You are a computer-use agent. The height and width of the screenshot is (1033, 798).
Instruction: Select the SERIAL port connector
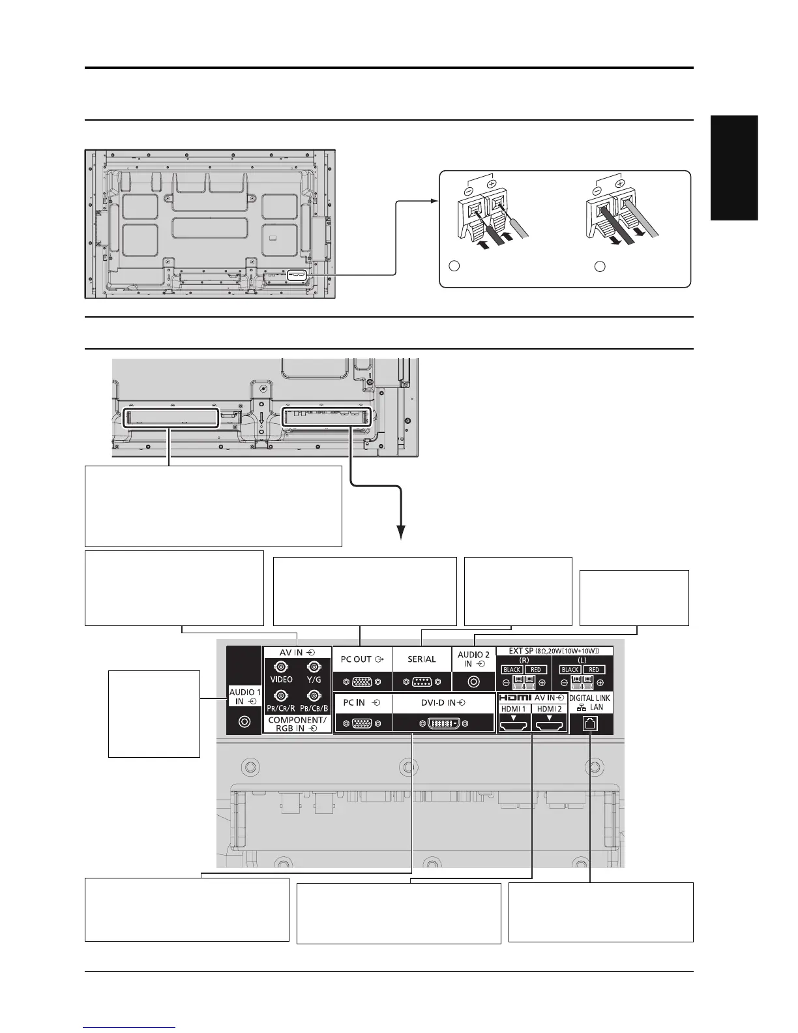click(421, 682)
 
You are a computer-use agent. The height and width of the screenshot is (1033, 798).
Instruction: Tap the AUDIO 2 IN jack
click(473, 682)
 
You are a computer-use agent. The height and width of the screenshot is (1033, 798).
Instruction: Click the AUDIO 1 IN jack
click(244, 723)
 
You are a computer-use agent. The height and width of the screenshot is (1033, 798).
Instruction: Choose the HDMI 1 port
click(514, 723)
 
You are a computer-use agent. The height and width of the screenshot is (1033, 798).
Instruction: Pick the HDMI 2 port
click(550, 723)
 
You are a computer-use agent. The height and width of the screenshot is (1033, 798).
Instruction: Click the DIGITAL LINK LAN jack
click(590, 723)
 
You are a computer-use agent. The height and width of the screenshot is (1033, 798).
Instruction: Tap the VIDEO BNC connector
click(281, 667)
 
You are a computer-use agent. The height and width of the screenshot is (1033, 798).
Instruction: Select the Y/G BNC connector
click(314, 667)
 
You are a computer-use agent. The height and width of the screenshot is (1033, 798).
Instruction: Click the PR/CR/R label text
click(282, 708)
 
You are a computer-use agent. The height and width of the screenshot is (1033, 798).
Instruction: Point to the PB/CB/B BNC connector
click(314, 695)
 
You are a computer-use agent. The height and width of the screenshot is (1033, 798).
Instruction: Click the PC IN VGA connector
click(362, 723)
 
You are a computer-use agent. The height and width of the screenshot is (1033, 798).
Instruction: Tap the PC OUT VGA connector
click(362, 682)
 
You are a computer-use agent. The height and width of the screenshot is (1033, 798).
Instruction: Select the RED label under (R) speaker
click(536, 670)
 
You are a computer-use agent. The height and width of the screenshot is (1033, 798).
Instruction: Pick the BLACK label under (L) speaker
click(570, 670)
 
